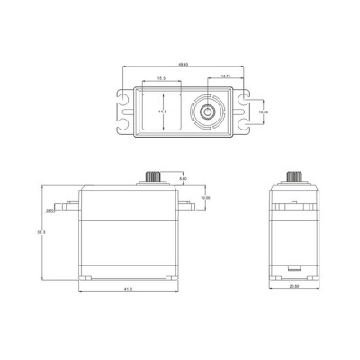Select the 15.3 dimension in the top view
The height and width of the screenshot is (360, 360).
(x=161, y=79)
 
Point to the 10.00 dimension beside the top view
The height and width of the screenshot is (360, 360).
(x=263, y=112)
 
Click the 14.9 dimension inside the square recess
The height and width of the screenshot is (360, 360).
(x=163, y=111)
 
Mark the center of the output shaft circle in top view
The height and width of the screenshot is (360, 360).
(x=209, y=112)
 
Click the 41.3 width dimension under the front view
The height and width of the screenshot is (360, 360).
(x=130, y=289)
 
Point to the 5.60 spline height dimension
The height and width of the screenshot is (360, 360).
(x=184, y=180)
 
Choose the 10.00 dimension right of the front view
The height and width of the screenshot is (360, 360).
(x=204, y=197)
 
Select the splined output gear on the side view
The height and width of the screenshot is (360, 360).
(x=294, y=176)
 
